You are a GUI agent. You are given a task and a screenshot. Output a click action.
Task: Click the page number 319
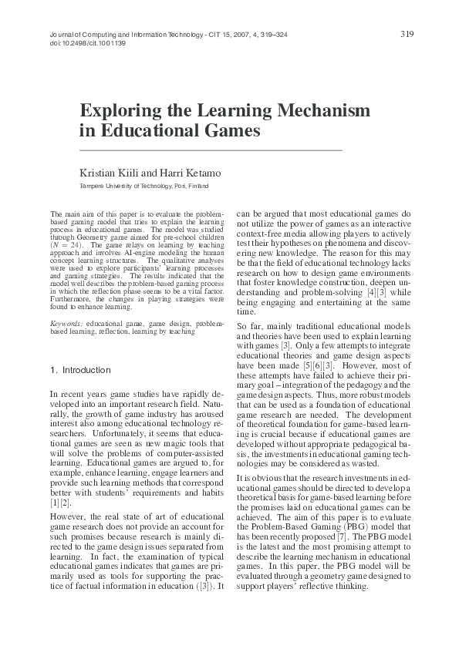coord(408,34)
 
